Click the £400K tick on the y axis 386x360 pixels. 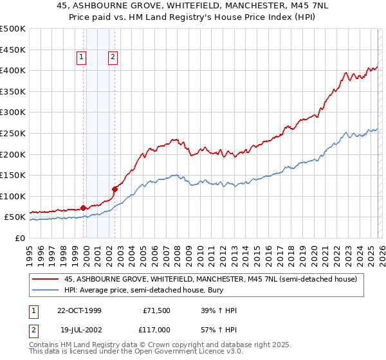[13, 70]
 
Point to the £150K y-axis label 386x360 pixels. [13, 175]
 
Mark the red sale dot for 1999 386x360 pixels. [84, 208]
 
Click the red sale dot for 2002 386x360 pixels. [115, 189]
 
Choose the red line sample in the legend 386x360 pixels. [46, 279]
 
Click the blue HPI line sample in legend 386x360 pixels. [46, 290]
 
